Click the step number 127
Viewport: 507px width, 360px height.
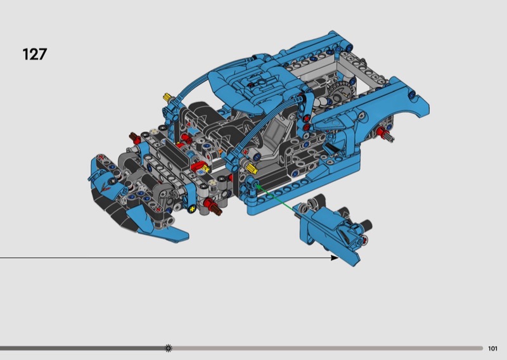click(35, 54)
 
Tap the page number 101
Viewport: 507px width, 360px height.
click(492, 349)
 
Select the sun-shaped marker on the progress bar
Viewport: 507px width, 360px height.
click(168, 348)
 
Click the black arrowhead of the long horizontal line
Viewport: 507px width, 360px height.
click(335, 257)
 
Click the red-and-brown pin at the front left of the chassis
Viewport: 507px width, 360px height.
click(135, 138)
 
